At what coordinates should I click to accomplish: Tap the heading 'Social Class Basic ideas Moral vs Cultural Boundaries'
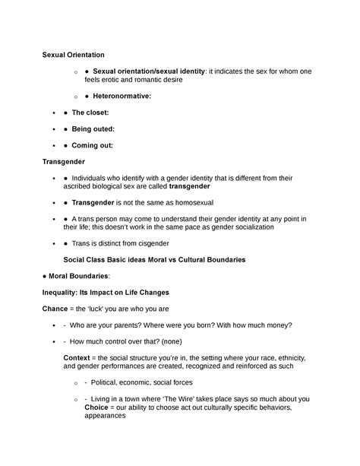point(154,259)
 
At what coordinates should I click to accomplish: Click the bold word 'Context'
point(81,357)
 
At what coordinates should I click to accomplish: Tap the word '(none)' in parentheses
point(192,341)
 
